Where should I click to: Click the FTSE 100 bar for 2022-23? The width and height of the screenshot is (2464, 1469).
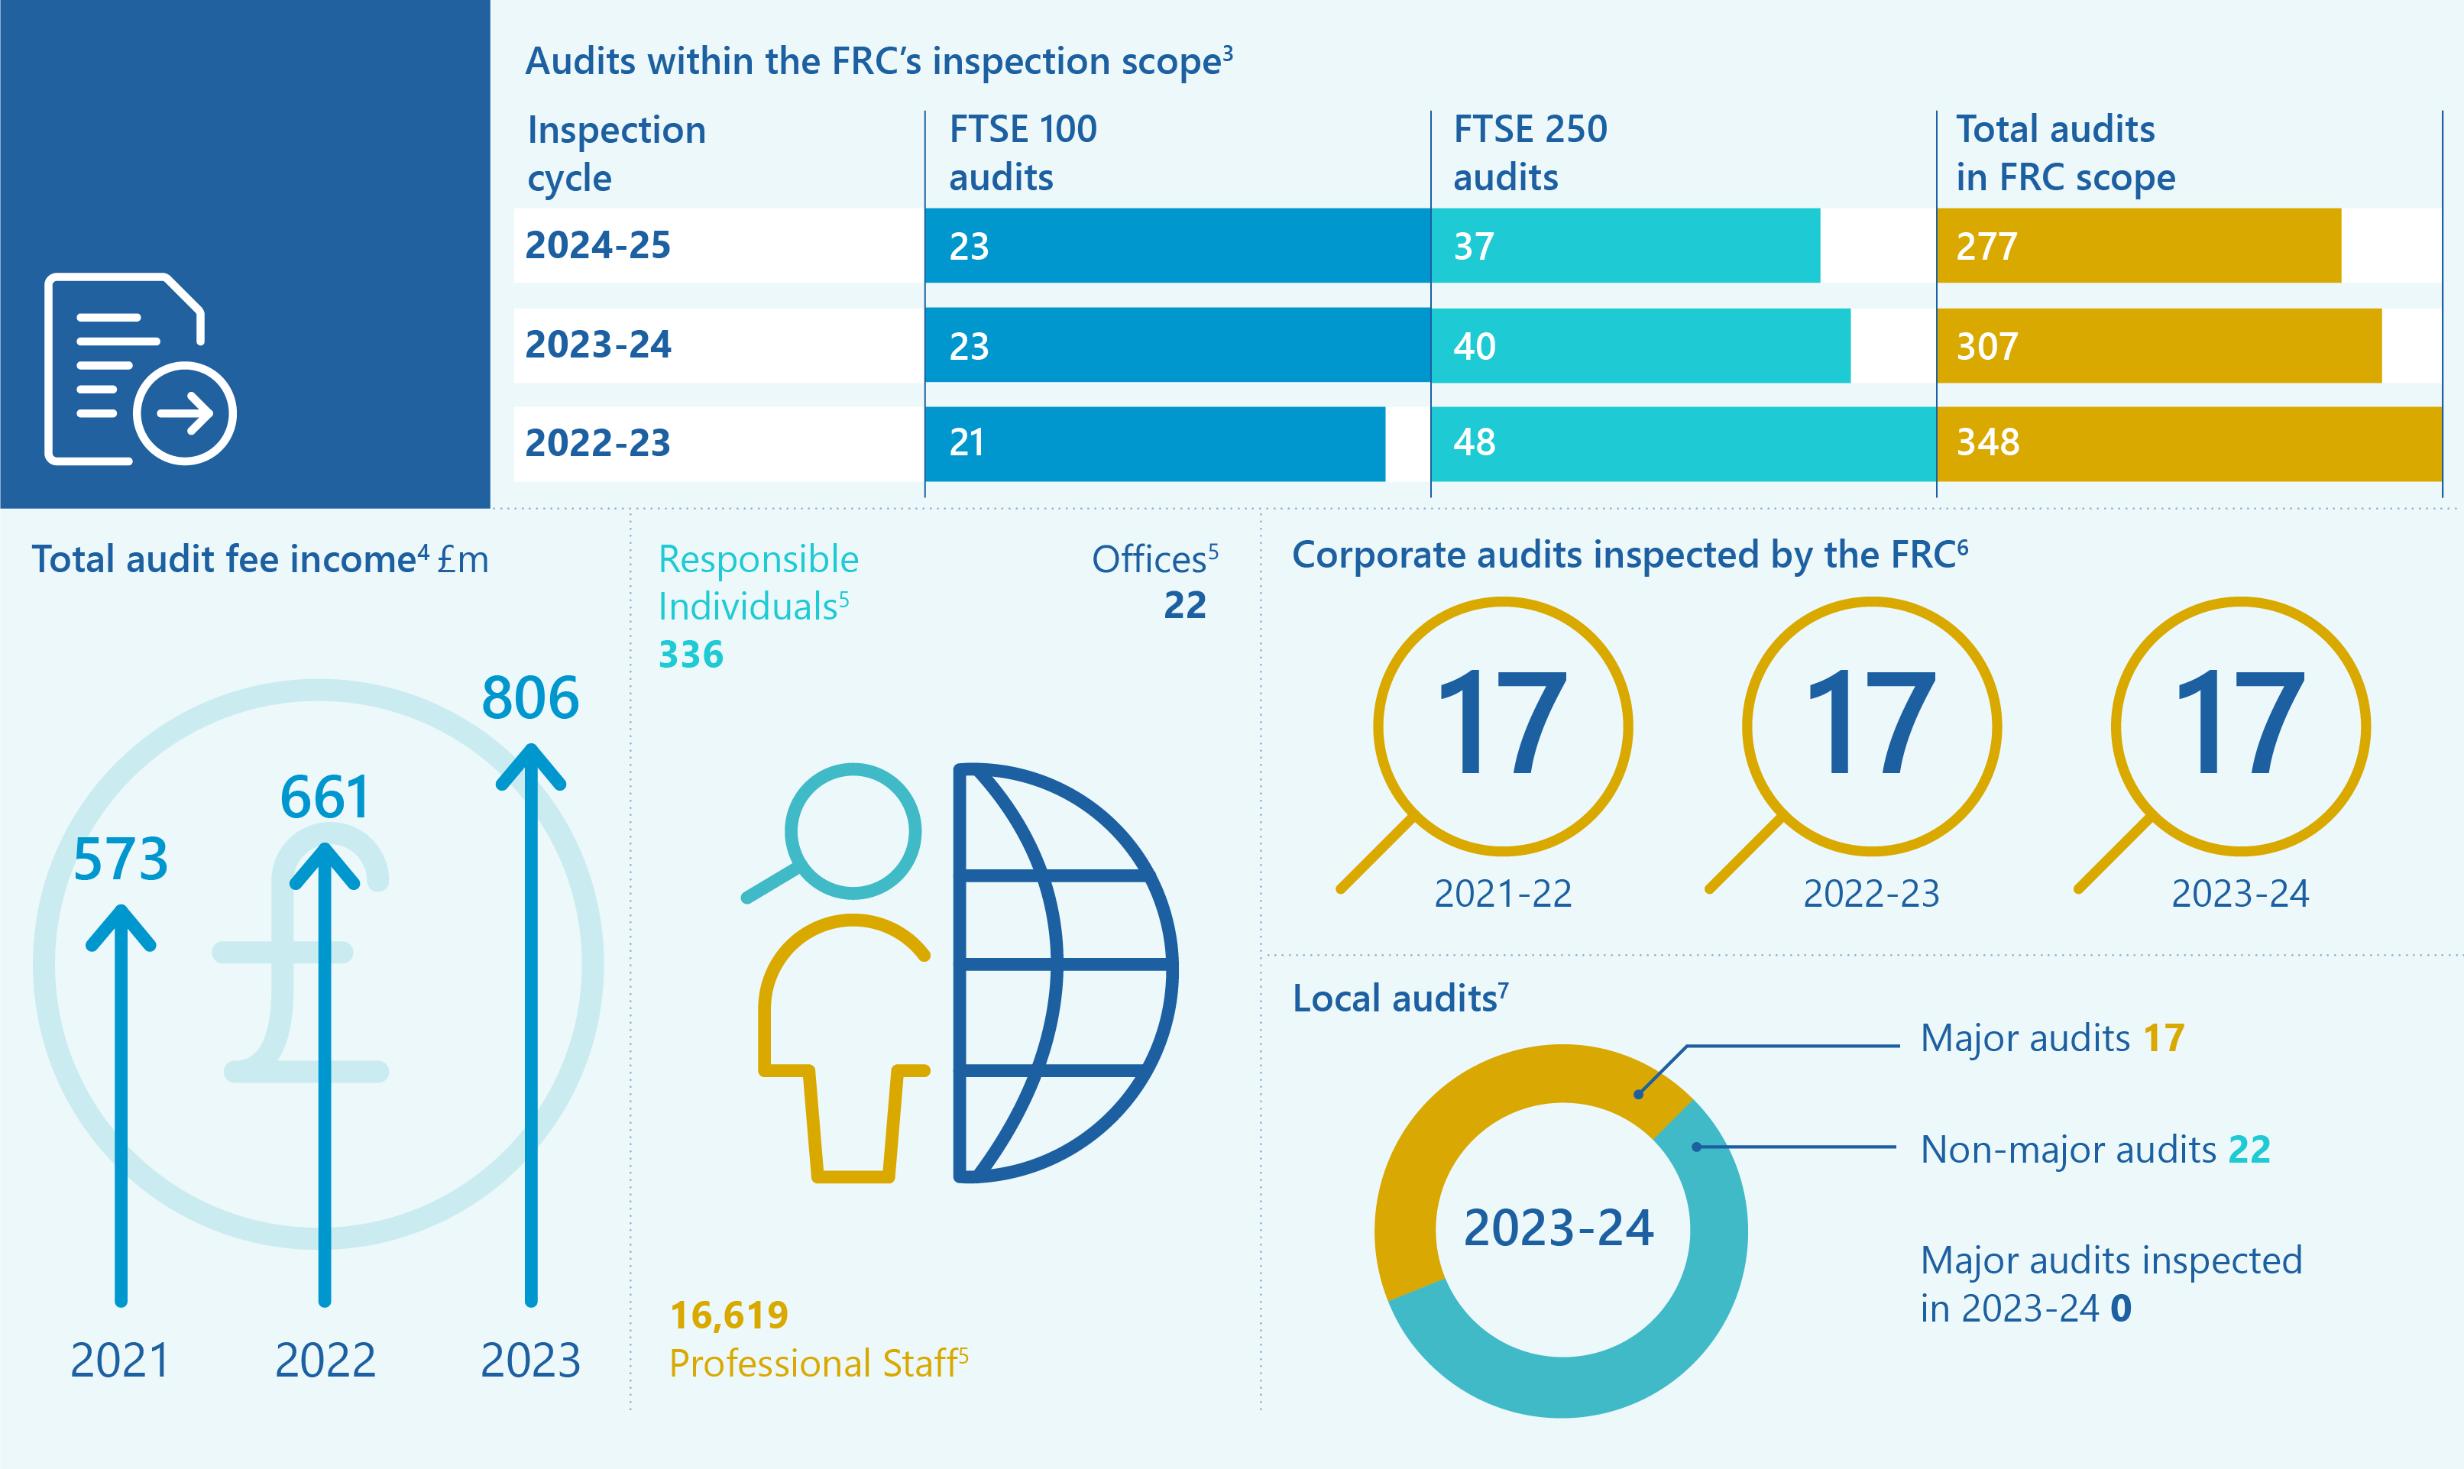pyautogui.click(x=1154, y=444)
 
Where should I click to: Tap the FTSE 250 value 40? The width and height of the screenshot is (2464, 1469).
pyautogui.click(x=1474, y=347)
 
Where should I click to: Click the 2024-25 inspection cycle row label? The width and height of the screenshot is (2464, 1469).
pyautogui.click(x=598, y=245)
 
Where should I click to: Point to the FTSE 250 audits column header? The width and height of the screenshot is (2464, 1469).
pyautogui.click(x=1530, y=153)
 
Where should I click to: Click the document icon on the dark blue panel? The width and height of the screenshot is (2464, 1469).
pyautogui.click(x=138, y=368)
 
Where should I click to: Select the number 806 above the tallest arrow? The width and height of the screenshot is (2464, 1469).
pyautogui.click(x=529, y=698)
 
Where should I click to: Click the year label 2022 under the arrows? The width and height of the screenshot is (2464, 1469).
pyautogui.click(x=325, y=1360)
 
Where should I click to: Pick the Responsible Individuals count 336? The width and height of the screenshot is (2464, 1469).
pyautogui.click(x=690, y=655)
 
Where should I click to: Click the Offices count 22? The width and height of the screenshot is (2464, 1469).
pyautogui.click(x=1184, y=605)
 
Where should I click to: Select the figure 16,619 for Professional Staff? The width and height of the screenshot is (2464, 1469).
pyautogui.click(x=729, y=1315)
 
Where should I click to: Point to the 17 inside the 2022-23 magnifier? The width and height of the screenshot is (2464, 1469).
pyautogui.click(x=1871, y=723)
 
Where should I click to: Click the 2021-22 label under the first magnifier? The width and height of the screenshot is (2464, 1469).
pyautogui.click(x=1502, y=894)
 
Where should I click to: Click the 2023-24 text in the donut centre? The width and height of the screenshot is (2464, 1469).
pyautogui.click(x=1558, y=1228)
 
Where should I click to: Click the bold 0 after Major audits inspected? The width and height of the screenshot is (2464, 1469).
pyautogui.click(x=2119, y=1309)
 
